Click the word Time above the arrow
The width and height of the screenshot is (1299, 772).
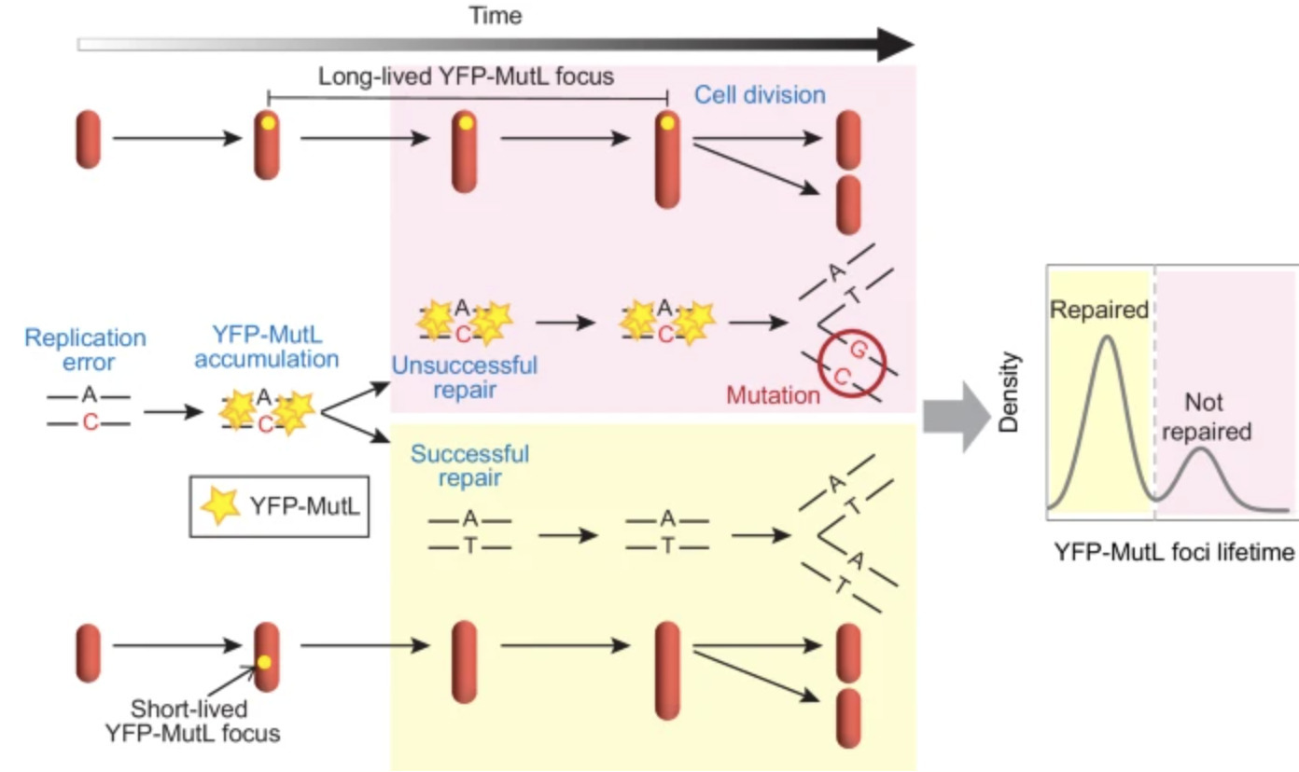pyautogui.click(x=496, y=15)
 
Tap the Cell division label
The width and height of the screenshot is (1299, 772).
pyautogui.click(x=760, y=95)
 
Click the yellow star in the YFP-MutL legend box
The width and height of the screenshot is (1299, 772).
pyautogui.click(x=221, y=505)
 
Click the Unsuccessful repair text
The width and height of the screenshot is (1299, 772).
pyautogui.click(x=464, y=378)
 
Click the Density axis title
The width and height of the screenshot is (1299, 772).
pyautogui.click(x=1007, y=393)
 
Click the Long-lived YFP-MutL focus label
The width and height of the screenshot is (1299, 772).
pyautogui.click(x=466, y=76)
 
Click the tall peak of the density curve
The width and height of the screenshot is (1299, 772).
pyautogui.click(x=1108, y=338)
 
